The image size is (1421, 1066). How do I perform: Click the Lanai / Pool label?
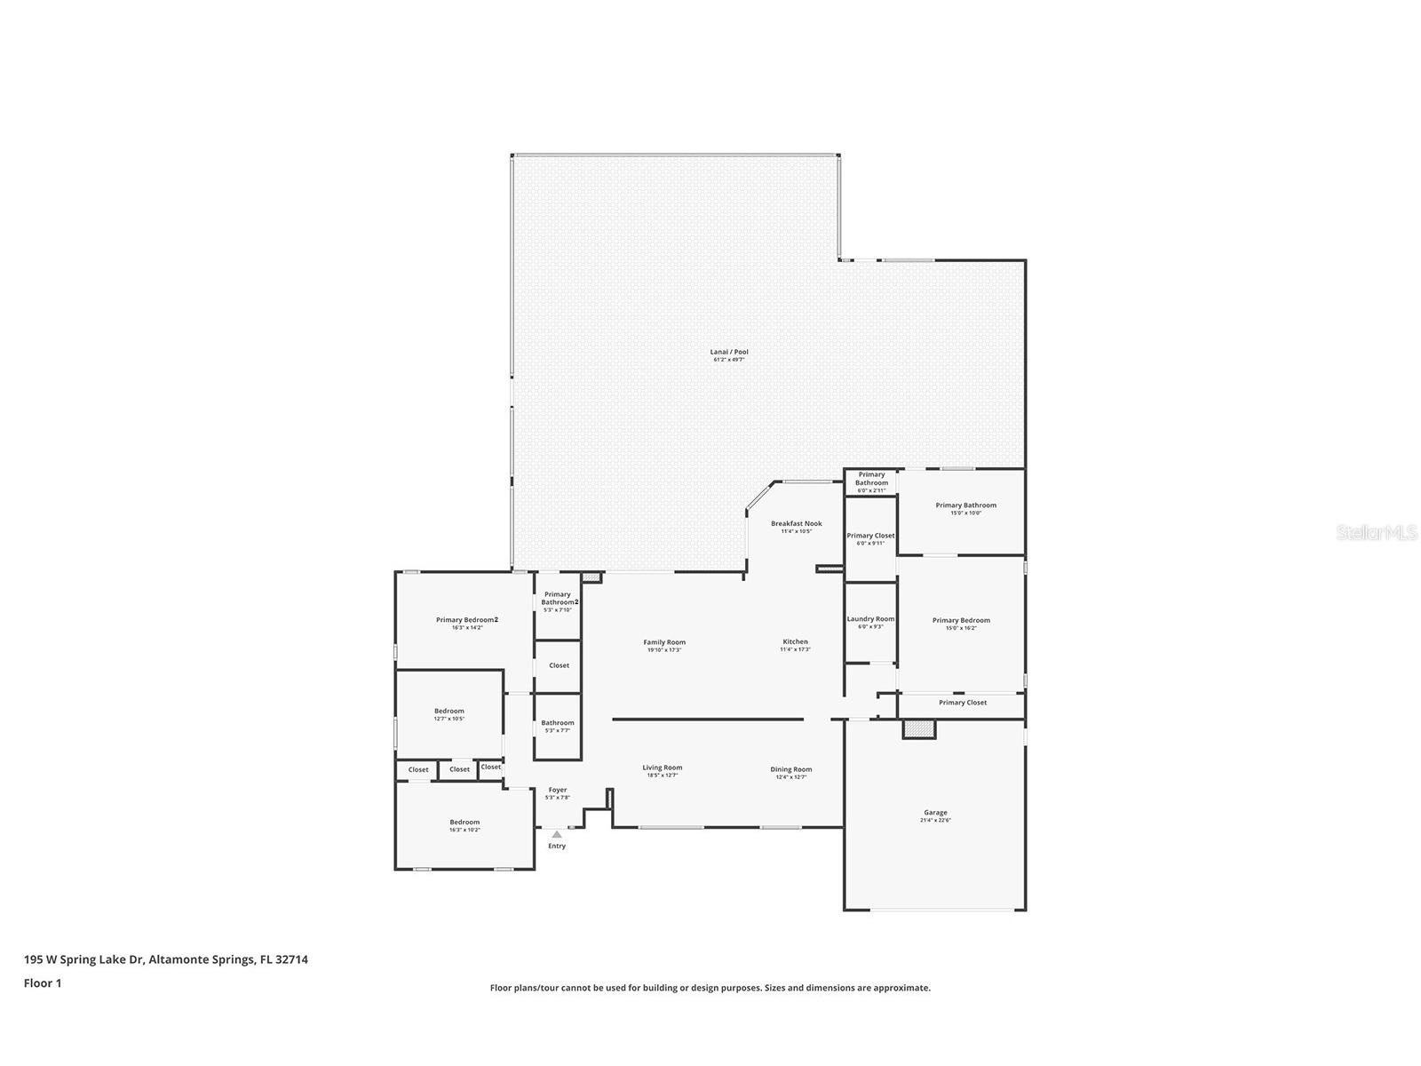(729, 353)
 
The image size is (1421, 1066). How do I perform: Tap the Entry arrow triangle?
(557, 835)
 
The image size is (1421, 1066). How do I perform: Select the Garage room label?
(935, 813)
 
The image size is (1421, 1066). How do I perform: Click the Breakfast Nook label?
(796, 524)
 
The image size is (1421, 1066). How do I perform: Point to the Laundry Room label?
(870, 619)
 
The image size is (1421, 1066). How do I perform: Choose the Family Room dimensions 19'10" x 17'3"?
(664, 650)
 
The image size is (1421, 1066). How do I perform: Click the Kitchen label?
(795, 641)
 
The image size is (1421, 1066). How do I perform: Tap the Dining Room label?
(790, 769)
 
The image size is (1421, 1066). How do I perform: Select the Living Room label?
(663, 768)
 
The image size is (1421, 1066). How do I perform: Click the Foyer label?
(557, 790)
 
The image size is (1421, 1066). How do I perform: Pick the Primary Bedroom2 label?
(466, 620)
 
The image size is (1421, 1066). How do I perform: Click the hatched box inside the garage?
(919, 728)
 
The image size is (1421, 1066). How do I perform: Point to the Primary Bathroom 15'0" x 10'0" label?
(965, 505)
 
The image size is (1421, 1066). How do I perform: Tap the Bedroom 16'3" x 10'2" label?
(464, 823)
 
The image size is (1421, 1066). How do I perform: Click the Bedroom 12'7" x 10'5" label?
(449, 711)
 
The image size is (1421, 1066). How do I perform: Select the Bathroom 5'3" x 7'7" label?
(558, 723)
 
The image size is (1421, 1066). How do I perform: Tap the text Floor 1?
(43, 983)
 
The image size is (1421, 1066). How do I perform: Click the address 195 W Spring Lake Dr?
(83, 959)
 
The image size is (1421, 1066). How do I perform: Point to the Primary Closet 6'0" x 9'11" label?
(870, 536)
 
